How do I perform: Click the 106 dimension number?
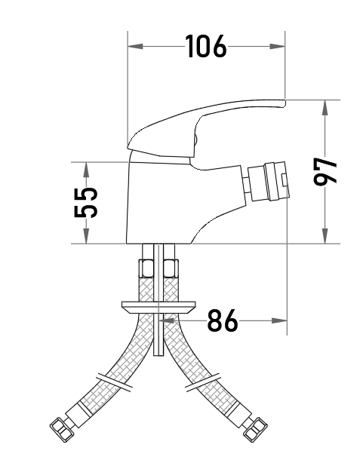[206, 46]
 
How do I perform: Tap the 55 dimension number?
[86, 202]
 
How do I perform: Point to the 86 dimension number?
[223, 320]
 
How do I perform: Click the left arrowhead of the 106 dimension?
[135, 46]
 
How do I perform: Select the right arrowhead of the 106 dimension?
[277, 46]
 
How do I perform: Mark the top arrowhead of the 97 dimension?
[325, 107]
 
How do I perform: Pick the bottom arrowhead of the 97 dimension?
[325, 236]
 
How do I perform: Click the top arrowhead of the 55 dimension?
[86, 170]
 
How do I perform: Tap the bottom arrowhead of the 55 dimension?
[86, 236]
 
